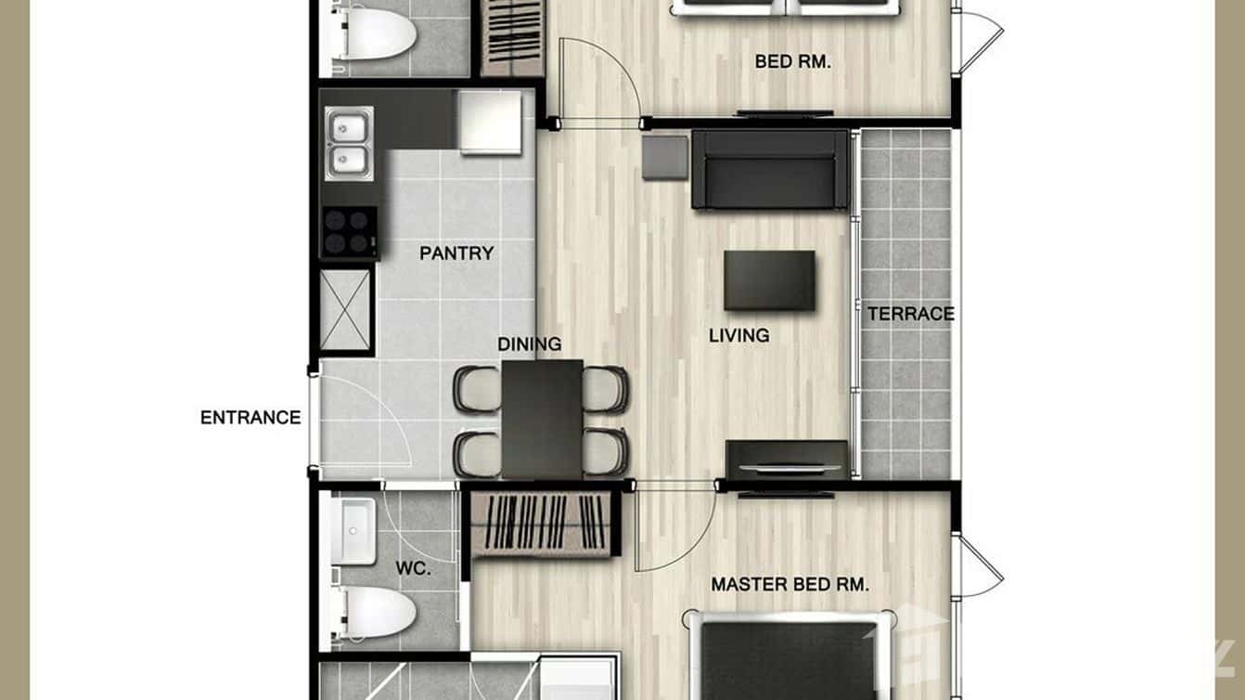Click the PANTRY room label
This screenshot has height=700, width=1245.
456,253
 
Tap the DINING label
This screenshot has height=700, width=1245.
529,344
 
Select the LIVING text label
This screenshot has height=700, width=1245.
738,336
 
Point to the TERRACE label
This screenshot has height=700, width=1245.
910,314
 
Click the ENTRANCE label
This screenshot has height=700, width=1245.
250,418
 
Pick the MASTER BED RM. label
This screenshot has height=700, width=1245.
789,585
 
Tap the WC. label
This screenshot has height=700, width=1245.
413,569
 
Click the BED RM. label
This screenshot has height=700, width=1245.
792,62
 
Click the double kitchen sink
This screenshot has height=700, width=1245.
349,144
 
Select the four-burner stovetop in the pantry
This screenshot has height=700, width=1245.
349,231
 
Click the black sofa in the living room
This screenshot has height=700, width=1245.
770,169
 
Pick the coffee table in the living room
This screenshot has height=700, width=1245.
769,280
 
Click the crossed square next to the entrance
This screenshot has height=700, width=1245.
346,309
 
